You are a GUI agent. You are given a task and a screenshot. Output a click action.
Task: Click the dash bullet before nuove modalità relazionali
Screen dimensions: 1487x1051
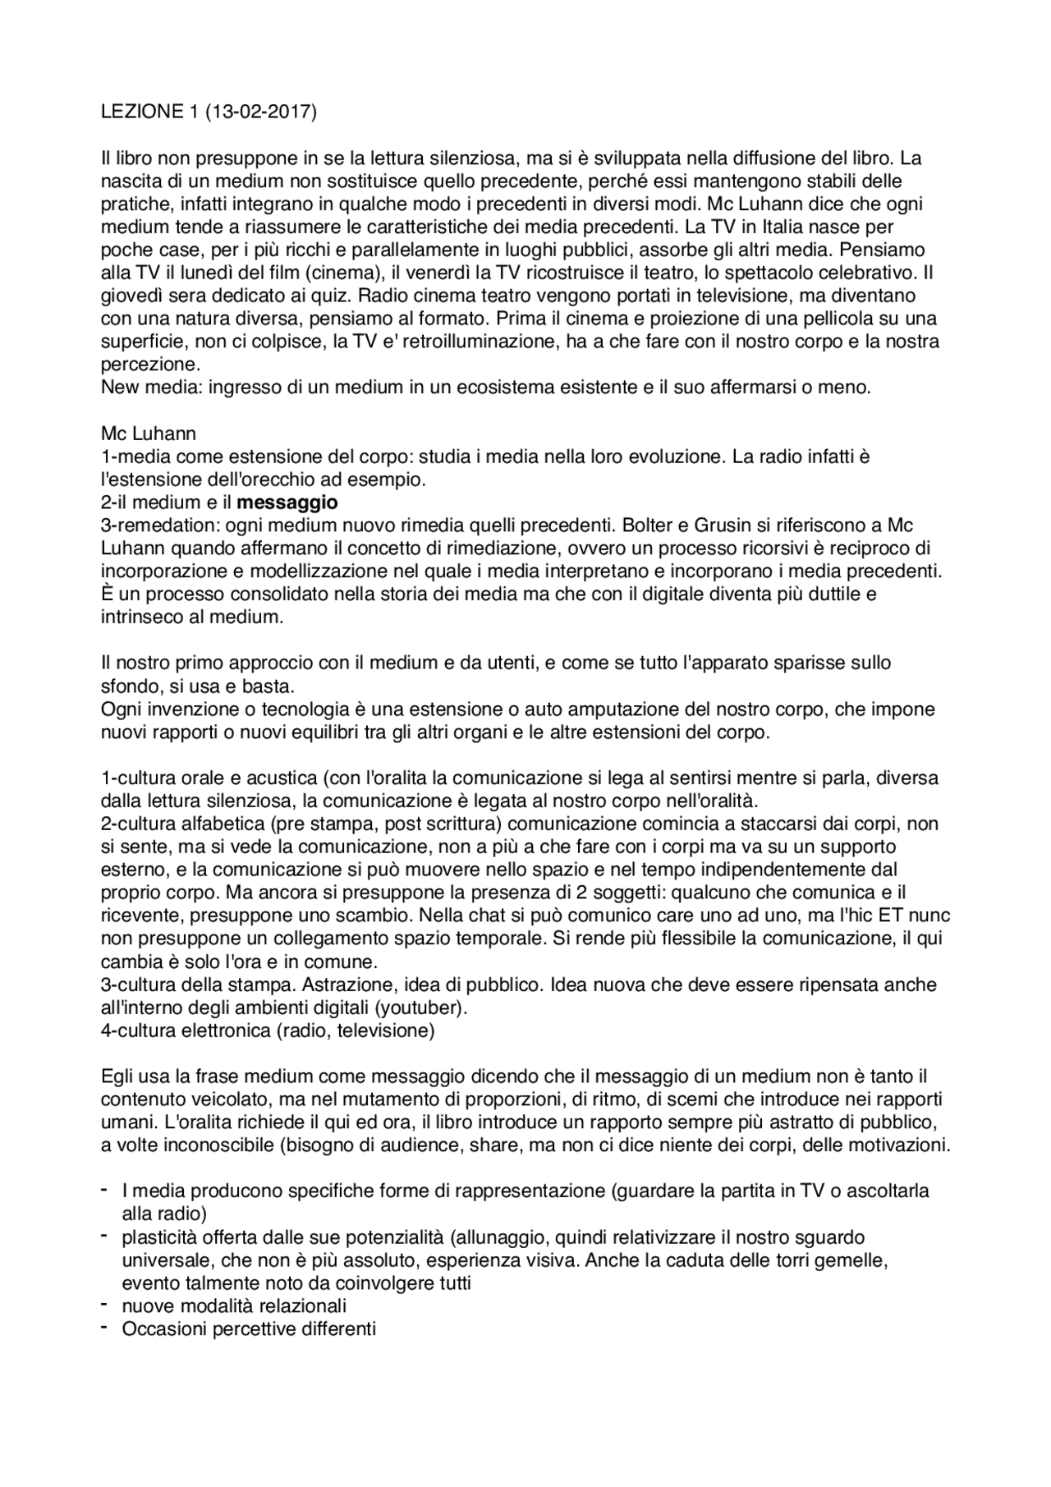tap(105, 1304)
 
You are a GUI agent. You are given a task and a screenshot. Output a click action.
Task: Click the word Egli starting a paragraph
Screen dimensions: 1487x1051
tap(117, 1076)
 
